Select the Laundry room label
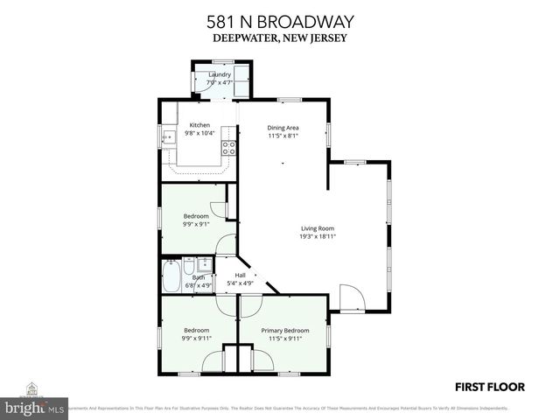[220, 75]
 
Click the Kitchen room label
[199, 125]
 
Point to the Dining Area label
[283, 128]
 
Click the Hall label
[240, 276]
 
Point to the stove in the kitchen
[228, 147]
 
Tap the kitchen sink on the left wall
[167, 137]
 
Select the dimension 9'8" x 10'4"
[199, 134]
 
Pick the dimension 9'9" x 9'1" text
[196, 224]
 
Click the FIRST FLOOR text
[488, 386]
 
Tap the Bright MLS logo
[35, 403]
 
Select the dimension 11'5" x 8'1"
[283, 136]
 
